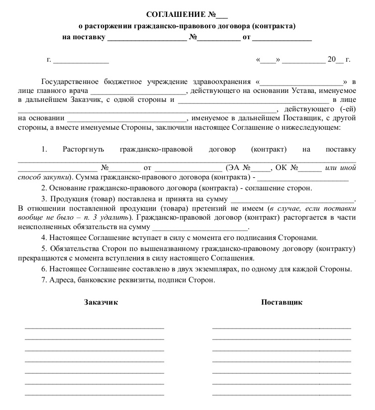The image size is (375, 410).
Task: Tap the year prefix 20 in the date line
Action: (x=332, y=60)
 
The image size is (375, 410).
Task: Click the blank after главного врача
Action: (x=138, y=92)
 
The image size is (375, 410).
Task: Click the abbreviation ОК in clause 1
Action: (x=281, y=167)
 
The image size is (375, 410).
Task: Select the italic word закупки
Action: (x=55, y=176)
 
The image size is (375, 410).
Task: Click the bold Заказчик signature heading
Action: (x=101, y=302)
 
